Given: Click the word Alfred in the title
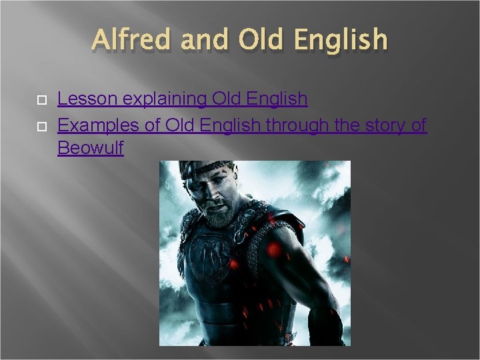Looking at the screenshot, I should pos(130,39).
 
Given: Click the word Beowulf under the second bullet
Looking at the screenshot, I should pos(91,147).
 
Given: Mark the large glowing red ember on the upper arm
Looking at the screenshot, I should pos(273,249).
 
